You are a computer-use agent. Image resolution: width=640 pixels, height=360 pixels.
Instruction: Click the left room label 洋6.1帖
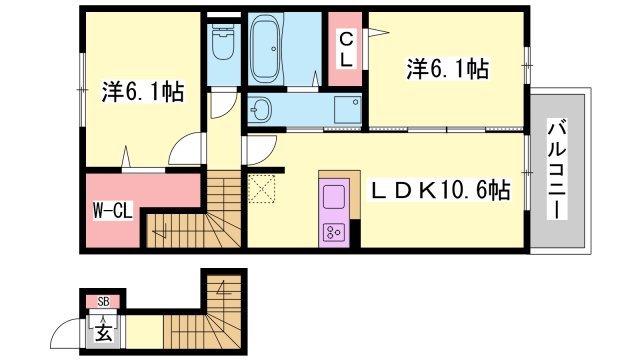[x=141, y=93]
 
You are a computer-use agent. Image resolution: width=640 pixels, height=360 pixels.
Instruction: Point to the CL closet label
[x=345, y=49]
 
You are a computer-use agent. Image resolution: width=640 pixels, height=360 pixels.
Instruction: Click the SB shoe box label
[x=102, y=301]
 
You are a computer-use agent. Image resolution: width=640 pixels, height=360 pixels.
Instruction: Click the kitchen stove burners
[x=333, y=232]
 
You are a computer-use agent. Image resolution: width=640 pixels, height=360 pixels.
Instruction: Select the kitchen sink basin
[x=333, y=192]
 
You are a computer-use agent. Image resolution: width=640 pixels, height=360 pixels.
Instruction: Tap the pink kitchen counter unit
[x=333, y=211]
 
